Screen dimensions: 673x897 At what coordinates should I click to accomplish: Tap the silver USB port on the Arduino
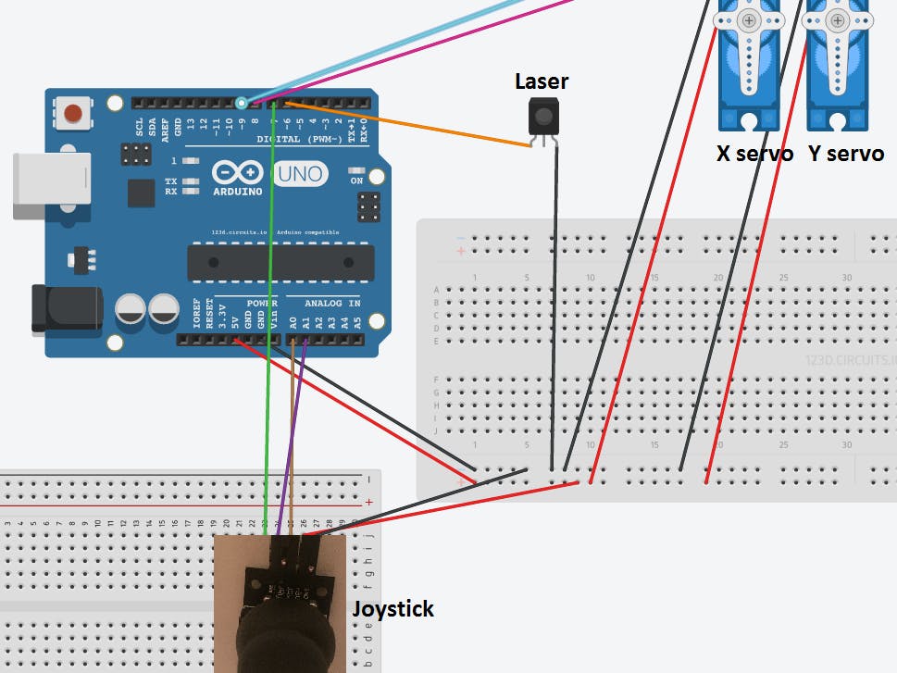[52, 184]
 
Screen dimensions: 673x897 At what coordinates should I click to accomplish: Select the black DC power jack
[66, 308]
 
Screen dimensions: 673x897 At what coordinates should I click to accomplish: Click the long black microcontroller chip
[280, 262]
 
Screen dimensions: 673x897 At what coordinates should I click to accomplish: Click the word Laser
[542, 81]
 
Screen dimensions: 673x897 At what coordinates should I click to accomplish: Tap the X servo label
[754, 154]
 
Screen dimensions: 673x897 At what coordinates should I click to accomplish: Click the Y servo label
[845, 154]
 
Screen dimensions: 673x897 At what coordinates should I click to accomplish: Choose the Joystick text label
[392, 608]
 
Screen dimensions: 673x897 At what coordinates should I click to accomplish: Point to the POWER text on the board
[262, 303]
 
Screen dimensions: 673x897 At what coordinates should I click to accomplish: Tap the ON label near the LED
[356, 181]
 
